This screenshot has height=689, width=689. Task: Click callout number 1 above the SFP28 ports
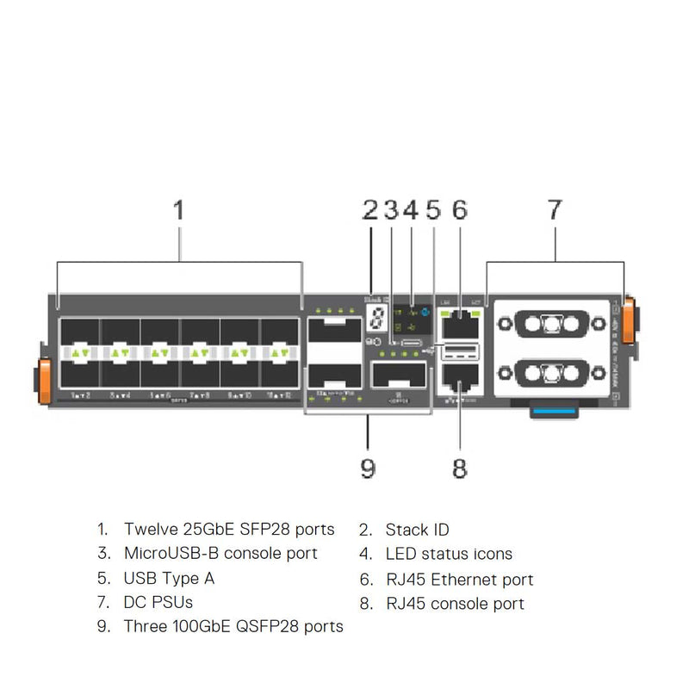coord(179,209)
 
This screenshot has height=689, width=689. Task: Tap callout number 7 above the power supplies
coord(555,209)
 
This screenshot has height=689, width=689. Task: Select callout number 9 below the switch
coord(368,468)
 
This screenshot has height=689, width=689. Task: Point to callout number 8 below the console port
coord(460,468)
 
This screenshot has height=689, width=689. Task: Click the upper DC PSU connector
coord(549,326)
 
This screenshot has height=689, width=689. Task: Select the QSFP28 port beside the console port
coord(399,376)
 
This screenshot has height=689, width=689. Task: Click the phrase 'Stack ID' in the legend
coord(417,530)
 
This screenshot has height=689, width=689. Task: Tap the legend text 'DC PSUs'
coord(158,602)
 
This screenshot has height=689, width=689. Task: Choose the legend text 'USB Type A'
coord(169,578)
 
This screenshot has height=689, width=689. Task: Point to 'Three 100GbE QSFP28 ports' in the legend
coord(233,626)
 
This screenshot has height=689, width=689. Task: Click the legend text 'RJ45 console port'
coord(455,604)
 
